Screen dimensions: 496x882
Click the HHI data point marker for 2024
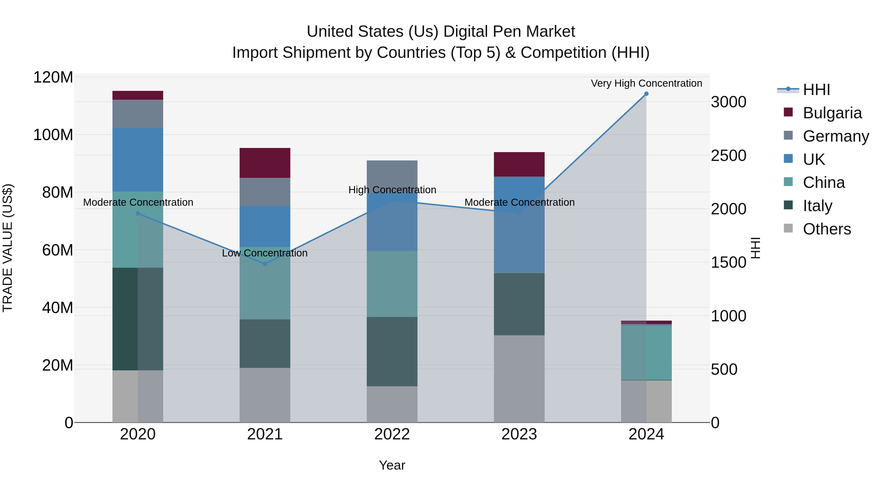coord(646,94)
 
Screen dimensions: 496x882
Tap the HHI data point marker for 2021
coord(265,264)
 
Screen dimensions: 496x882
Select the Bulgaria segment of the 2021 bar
coord(265,163)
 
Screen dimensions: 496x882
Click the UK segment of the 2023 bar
coord(519,225)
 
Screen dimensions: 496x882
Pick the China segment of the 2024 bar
coord(646,352)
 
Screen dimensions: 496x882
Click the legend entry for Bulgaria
coord(832,113)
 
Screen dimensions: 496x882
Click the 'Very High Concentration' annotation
coord(646,83)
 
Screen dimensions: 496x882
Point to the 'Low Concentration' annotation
coord(265,253)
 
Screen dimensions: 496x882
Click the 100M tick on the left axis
coord(53,135)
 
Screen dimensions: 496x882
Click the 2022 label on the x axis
coord(392,434)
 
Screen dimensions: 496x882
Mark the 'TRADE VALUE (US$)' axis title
coord(8,248)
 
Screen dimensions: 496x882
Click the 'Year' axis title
coord(392,465)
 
